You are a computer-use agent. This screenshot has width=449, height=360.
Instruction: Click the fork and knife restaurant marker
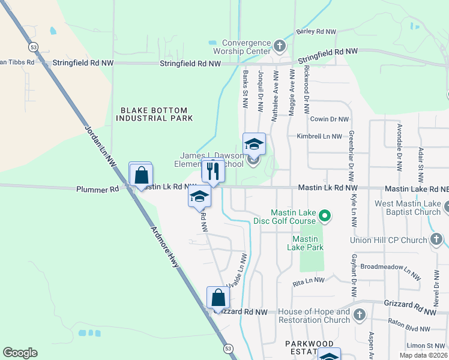coord(212,172)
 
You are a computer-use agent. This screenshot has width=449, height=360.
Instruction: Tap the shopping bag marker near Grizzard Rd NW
coord(218,298)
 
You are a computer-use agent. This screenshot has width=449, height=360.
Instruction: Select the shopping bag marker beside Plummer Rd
coord(141,176)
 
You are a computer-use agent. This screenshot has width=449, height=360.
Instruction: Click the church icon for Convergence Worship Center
coord(279,46)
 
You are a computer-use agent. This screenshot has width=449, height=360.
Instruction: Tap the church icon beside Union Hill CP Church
coord(436,241)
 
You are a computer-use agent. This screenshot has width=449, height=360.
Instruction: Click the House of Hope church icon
coord(359,315)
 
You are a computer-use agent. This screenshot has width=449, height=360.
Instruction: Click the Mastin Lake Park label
coord(305,243)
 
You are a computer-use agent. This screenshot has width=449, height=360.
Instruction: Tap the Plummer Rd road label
coord(98,190)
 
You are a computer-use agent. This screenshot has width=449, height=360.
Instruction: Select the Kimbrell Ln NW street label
coord(319,136)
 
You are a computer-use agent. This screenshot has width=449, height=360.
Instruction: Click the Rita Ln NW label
coord(309,280)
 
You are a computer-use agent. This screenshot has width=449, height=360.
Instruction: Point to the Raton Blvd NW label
coord(409,329)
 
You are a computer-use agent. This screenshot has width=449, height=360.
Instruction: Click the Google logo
coord(20,352)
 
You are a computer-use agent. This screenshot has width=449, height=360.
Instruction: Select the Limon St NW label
coord(426,346)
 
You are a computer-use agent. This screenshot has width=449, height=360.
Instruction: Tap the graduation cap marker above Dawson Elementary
coord(254,145)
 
